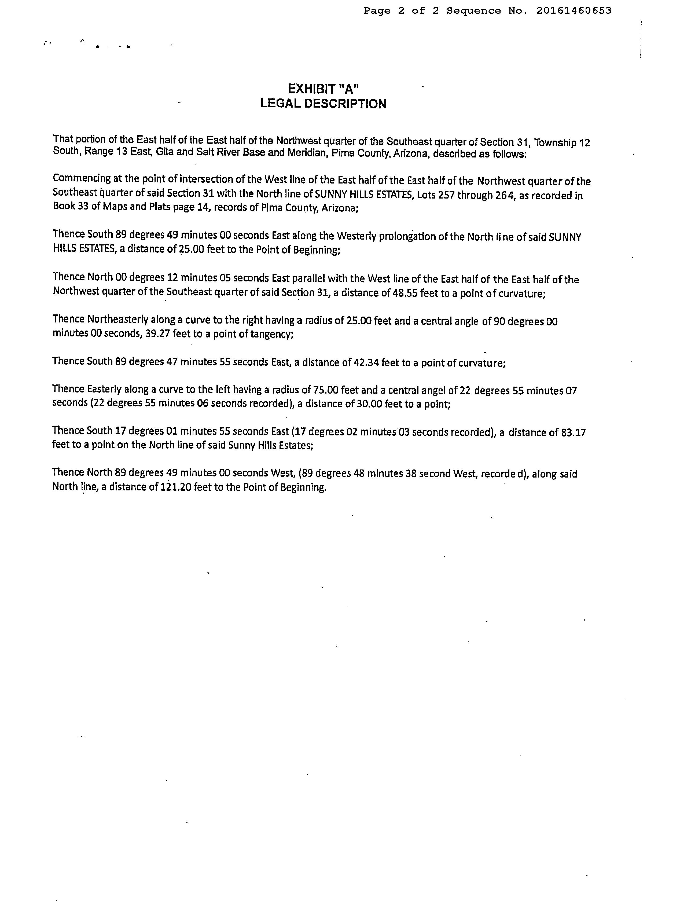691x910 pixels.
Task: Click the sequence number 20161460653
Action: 574,11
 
